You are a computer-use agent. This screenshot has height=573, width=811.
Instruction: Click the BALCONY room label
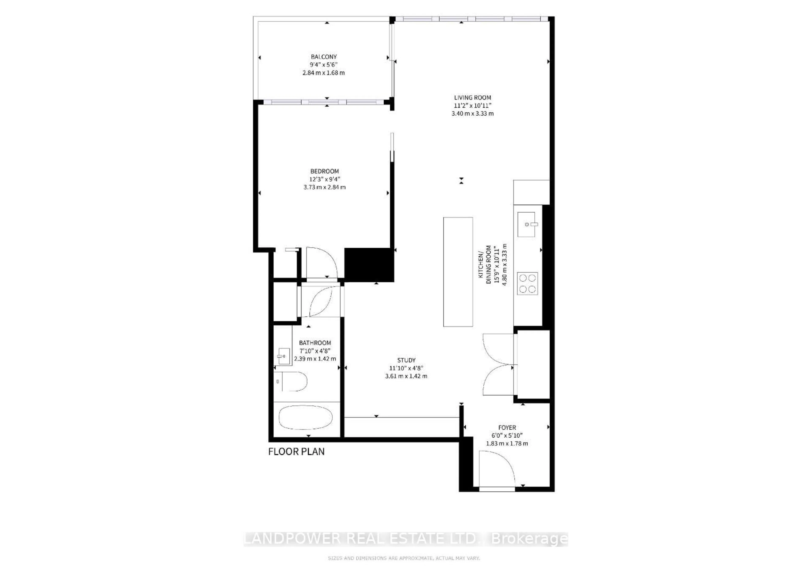point(324,57)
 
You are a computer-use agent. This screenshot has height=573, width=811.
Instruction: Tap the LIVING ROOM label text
point(472,97)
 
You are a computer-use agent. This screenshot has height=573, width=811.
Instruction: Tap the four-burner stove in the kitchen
point(527,284)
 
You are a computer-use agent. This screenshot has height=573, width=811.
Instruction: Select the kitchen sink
point(526,224)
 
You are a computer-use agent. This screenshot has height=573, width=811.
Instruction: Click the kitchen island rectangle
point(458,272)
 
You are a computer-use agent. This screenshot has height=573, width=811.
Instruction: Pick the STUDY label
point(406,360)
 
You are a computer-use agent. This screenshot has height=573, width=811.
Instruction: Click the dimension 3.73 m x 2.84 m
point(324,187)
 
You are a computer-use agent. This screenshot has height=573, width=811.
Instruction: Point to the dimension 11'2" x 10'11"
point(472,106)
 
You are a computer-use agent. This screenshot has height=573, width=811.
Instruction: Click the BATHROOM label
point(315,343)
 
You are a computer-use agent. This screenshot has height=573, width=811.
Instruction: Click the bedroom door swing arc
point(323,261)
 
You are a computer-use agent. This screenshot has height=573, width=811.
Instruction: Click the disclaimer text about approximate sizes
point(404,558)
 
